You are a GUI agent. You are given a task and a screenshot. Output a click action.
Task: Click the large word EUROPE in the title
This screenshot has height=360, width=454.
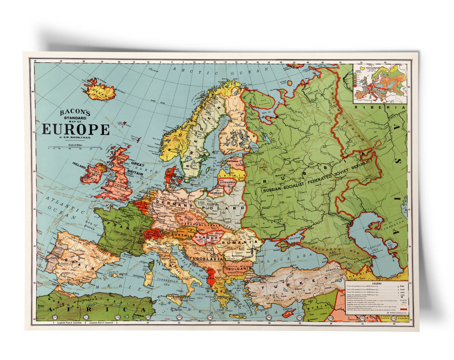pos(75,129)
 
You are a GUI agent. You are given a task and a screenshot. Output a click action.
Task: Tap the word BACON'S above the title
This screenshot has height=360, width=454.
pos(75,113)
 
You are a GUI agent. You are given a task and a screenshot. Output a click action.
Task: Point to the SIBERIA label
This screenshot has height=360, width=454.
pos(379,107)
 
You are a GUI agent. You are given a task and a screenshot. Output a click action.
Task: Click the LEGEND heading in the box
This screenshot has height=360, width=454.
pos(376,283)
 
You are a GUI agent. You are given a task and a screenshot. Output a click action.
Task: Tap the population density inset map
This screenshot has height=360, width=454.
pos(380,83)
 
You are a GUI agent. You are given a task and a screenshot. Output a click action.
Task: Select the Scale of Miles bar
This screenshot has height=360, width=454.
pos(75,147)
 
